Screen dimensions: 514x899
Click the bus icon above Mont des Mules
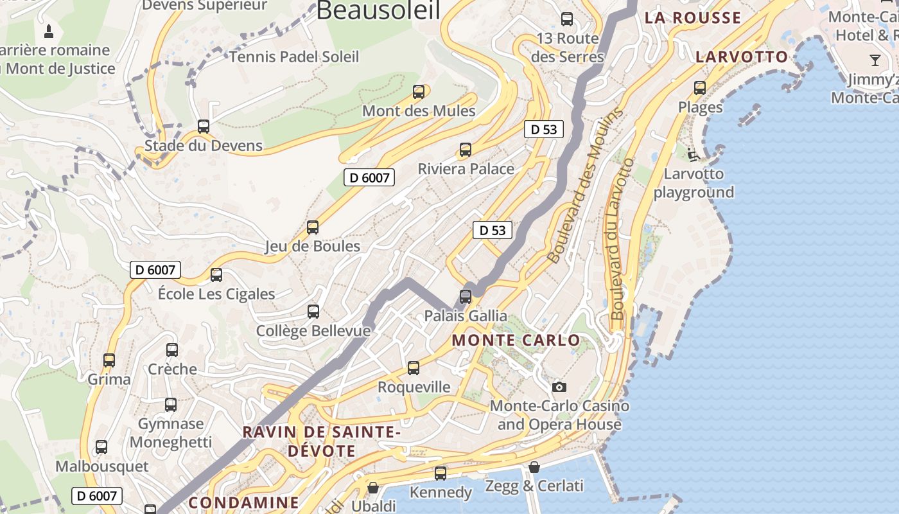click(x=419, y=92)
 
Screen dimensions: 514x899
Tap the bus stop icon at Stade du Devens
click(x=204, y=127)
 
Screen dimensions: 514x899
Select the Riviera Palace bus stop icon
click(x=466, y=150)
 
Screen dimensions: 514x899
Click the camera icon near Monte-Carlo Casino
click(x=559, y=387)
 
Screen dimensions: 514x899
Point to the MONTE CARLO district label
click(x=516, y=341)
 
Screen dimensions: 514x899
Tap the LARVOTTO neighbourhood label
click(x=742, y=57)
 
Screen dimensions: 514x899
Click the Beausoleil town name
click(x=378, y=11)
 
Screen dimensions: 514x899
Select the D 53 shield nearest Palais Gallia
click(x=493, y=230)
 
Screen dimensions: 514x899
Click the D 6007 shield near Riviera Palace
click(x=369, y=178)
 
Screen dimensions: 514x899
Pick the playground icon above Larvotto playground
click(x=693, y=154)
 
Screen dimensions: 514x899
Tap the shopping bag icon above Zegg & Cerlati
click(x=534, y=467)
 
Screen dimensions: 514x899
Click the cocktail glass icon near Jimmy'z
click(x=875, y=60)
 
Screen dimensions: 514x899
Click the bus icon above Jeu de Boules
click(x=313, y=227)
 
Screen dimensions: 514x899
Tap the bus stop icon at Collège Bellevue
click(x=313, y=312)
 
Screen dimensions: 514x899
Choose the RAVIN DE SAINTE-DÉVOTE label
click(x=321, y=441)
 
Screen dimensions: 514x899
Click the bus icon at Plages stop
click(x=700, y=88)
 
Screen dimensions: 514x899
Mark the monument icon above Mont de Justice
click(x=49, y=30)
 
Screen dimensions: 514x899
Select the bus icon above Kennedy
click(x=441, y=474)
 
